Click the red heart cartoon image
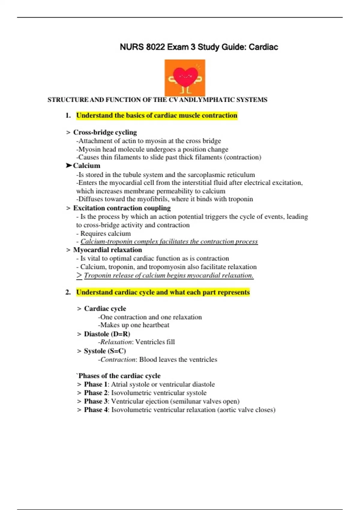(185, 78)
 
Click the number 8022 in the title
(155, 47)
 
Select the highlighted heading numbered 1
(157, 115)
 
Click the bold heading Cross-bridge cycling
(105, 132)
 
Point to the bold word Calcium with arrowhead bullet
(86, 166)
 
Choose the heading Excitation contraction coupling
(122, 208)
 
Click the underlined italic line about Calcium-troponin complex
(169, 241)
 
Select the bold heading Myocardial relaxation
(107, 250)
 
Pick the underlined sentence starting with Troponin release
(169, 275)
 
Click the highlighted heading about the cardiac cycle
(163, 292)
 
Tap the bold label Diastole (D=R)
(107, 334)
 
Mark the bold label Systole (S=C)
(105, 351)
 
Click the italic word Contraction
(118, 359)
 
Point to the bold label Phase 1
(95, 384)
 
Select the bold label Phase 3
(95, 401)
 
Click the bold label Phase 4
(95, 410)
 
